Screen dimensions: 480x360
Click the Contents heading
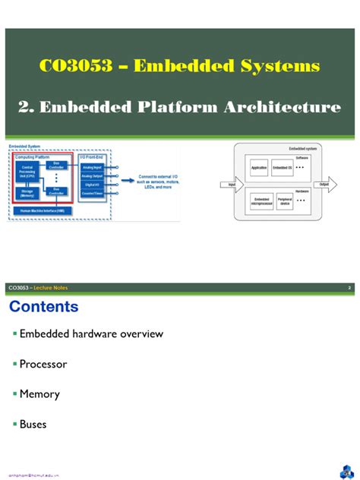point(43,307)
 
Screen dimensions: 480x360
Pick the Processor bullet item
point(43,364)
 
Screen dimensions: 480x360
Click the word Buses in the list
point(33,425)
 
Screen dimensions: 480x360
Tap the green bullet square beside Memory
point(14,395)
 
